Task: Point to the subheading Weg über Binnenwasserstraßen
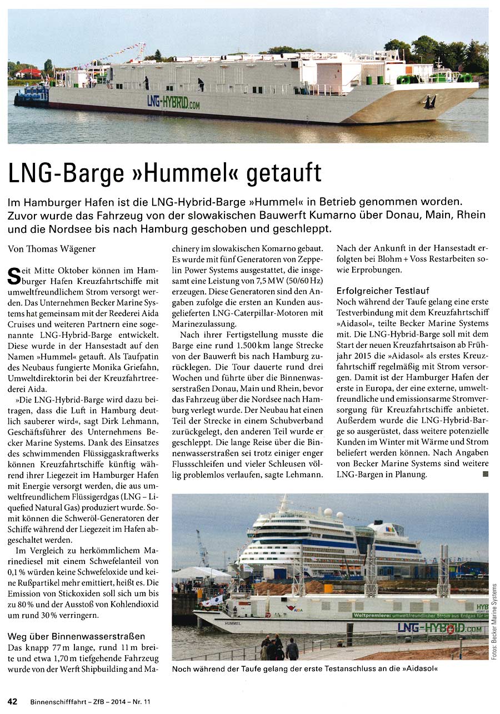(x=76, y=636)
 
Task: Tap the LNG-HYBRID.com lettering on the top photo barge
(x=173, y=102)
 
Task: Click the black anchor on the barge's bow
(x=429, y=102)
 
